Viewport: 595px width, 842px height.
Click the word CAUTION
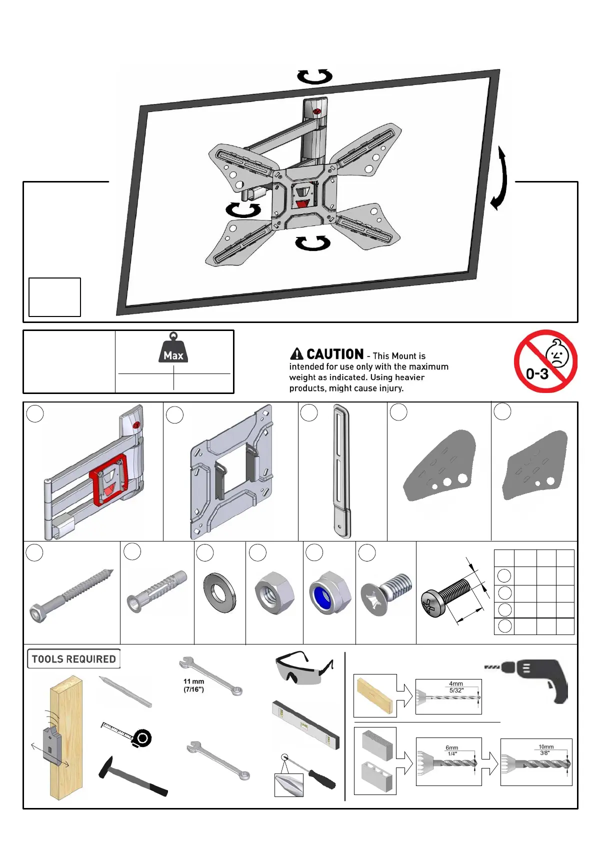tap(334, 354)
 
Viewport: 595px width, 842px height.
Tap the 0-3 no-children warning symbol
tap(545, 361)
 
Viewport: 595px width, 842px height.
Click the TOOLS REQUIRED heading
tap(73, 659)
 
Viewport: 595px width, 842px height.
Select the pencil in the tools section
tap(125, 691)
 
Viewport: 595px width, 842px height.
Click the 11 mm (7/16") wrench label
tap(193, 685)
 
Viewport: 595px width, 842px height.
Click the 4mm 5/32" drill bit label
tap(456, 687)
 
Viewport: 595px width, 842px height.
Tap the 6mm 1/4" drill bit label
tap(452, 750)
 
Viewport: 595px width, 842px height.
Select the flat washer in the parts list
tap(220, 592)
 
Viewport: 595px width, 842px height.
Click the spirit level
tap(305, 724)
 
